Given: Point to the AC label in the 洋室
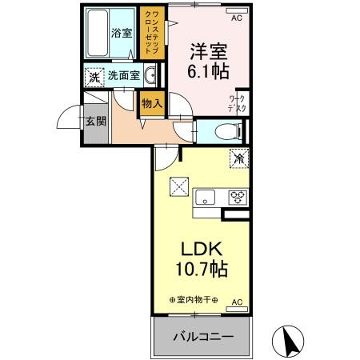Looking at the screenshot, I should click(x=236, y=17).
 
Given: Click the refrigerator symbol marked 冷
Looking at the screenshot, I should click(x=238, y=158).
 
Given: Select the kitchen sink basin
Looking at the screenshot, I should click(x=204, y=195).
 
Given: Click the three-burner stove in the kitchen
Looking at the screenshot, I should click(x=238, y=196).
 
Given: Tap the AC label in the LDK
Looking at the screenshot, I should click(x=236, y=302).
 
